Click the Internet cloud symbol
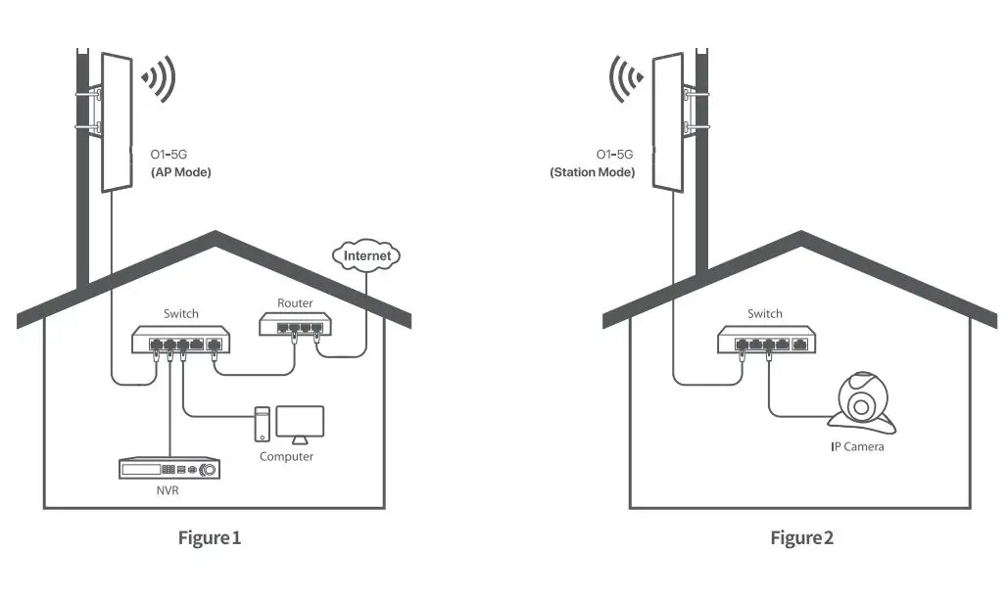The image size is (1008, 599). (x=368, y=256)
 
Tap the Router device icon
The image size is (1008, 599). (x=295, y=325)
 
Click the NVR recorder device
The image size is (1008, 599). (x=168, y=470)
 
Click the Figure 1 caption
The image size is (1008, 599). (x=209, y=537)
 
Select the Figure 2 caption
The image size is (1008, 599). (x=801, y=537)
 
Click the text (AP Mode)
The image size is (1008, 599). (x=180, y=172)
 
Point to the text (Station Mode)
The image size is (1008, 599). (x=592, y=172)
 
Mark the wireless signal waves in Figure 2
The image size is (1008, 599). (x=628, y=78)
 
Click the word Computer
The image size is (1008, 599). (x=286, y=457)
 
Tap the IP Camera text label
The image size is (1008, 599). (x=857, y=447)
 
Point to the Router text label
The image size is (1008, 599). (x=295, y=303)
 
